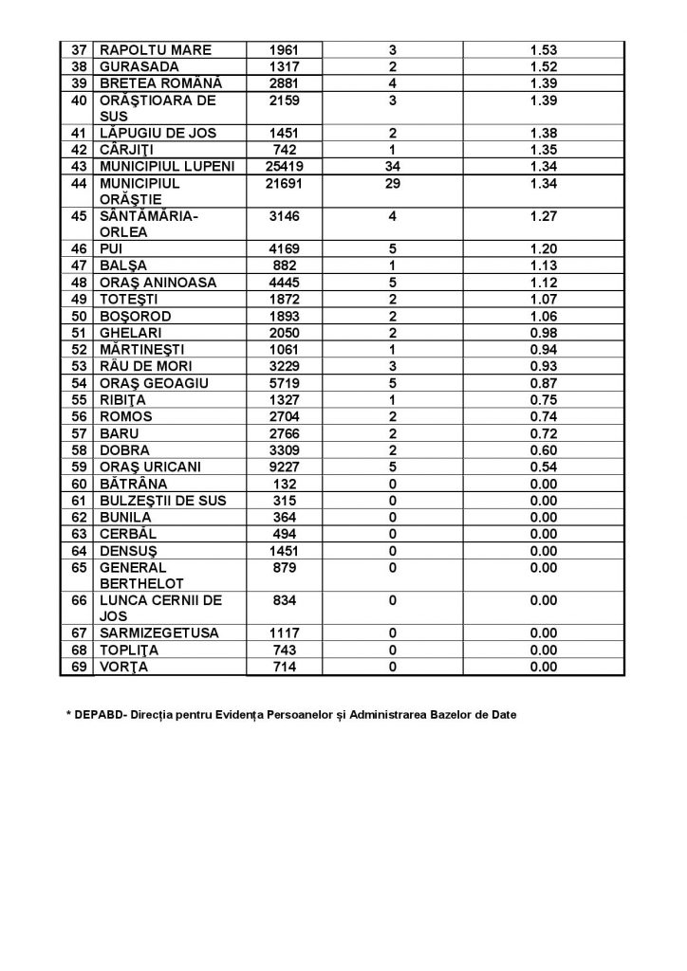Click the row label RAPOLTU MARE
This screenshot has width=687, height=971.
(156, 49)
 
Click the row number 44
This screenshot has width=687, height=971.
(78, 183)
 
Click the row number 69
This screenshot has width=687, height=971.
(78, 668)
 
